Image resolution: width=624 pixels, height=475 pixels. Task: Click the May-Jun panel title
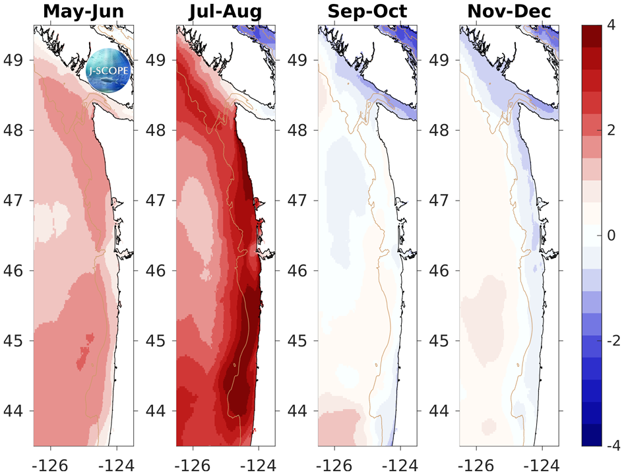pyautogui.click(x=84, y=13)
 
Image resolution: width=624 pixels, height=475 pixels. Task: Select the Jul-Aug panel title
pyautogui.click(x=225, y=13)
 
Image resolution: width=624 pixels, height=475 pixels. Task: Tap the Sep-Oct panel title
pyautogui.click(x=367, y=13)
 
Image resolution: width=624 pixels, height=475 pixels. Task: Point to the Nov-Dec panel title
pyautogui.click(x=509, y=13)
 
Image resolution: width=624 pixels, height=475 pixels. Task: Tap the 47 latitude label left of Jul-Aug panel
pyautogui.click(x=155, y=201)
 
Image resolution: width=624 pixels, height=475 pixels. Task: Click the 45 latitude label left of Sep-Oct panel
pyautogui.click(x=297, y=341)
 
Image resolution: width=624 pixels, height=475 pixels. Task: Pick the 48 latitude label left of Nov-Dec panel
pyautogui.click(x=439, y=130)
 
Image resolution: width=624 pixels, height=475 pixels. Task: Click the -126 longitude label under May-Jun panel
pyautogui.click(x=48, y=461)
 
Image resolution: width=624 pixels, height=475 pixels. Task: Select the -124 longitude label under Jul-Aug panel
pyautogui.click(x=258, y=461)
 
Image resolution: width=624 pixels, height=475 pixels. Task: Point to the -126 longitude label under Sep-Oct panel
pyautogui.click(x=332, y=461)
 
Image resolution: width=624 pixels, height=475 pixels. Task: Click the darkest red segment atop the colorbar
pyautogui.click(x=590, y=34)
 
